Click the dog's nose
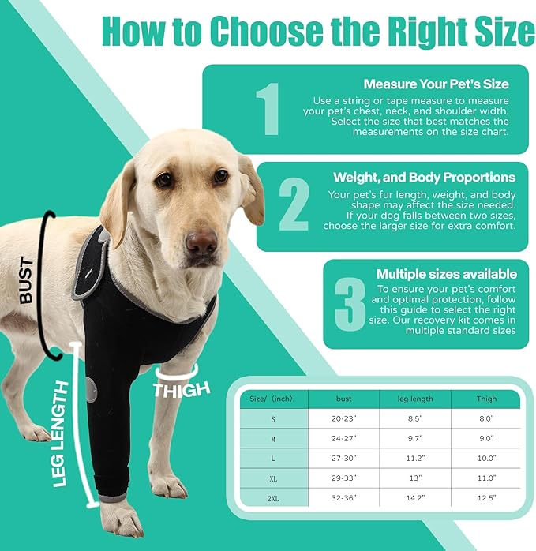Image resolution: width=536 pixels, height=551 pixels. pos(201,241)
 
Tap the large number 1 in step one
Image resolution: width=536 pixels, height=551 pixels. pos(268,109)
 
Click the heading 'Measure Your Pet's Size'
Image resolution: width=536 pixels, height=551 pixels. pos(436,84)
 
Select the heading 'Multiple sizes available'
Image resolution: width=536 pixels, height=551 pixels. pos(446,274)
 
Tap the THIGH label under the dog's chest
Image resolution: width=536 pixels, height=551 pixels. pos(182,388)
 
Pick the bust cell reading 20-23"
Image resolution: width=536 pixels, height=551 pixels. pos(344,418)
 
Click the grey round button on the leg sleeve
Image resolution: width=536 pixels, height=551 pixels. pos(92,390)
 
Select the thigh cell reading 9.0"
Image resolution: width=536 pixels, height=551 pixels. pos(486,438)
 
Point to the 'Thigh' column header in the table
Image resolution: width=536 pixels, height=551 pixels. pos(486,399)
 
